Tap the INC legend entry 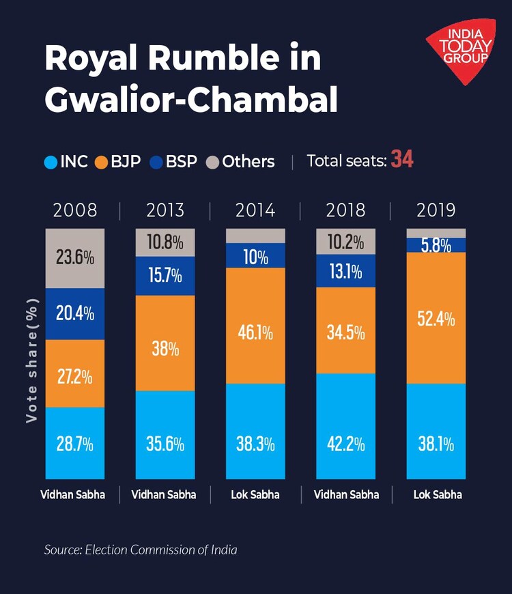(x=66, y=162)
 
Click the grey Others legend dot (x=212, y=162)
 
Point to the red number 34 (x=402, y=160)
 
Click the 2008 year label (x=75, y=210)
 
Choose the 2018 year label (x=345, y=210)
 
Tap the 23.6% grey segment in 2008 (x=75, y=259)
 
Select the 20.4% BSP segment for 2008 (x=75, y=314)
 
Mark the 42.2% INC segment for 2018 (x=345, y=426)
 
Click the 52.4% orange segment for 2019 (x=436, y=318)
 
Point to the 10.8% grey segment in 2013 (x=165, y=242)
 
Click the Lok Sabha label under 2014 (x=255, y=494)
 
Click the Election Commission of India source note (x=141, y=549)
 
